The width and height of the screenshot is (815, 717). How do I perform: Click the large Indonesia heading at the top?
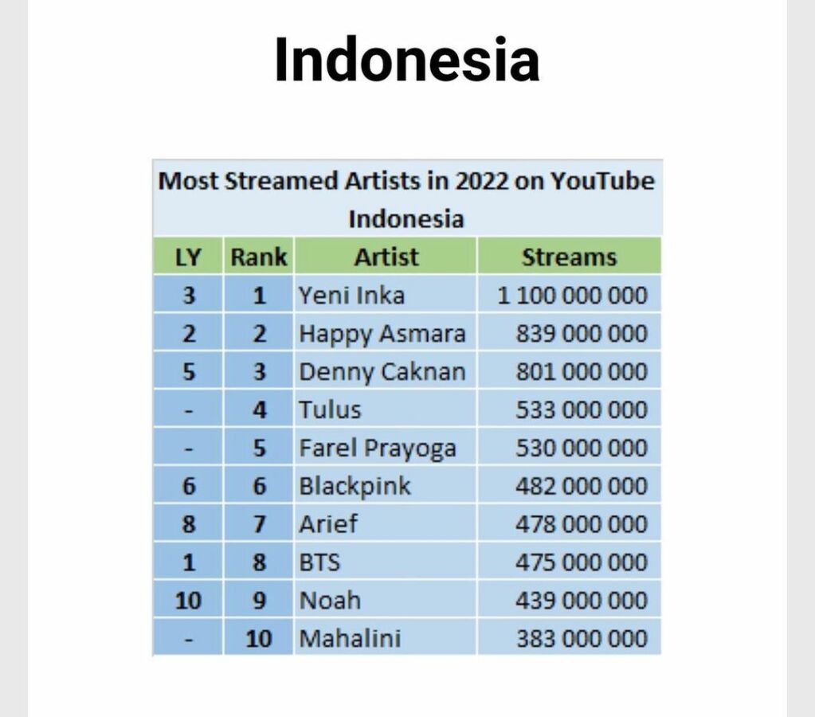[x=406, y=61]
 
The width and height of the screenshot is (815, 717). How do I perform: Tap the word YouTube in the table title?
[x=602, y=181]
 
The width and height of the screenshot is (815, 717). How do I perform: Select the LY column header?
[x=188, y=257]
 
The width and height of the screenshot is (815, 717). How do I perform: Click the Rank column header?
[x=258, y=257]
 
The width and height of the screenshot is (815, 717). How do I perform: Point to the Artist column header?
[x=386, y=257]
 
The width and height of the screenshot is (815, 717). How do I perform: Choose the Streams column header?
[x=569, y=257]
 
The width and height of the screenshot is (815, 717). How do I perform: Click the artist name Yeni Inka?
[x=351, y=296]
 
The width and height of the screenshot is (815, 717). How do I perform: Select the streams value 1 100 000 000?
[x=572, y=296]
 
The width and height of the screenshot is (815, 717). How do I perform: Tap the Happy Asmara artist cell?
[x=382, y=334]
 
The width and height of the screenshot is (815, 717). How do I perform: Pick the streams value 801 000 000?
[x=582, y=372]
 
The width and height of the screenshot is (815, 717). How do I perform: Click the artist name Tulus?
[x=330, y=410]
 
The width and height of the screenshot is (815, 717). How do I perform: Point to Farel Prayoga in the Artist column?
[x=377, y=449]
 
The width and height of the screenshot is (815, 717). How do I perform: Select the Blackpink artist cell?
[x=355, y=486]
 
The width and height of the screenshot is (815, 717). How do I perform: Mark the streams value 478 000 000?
[x=582, y=524]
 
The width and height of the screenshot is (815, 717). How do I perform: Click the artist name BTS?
[x=319, y=562]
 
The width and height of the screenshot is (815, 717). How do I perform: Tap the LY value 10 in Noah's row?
[x=188, y=600]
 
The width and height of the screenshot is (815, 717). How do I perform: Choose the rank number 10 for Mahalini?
[x=258, y=638]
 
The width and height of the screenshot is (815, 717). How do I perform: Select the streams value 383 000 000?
[x=582, y=638]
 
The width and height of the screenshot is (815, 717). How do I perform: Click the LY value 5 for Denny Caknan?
[x=188, y=372]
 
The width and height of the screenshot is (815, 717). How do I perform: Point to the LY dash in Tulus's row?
[x=188, y=410]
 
